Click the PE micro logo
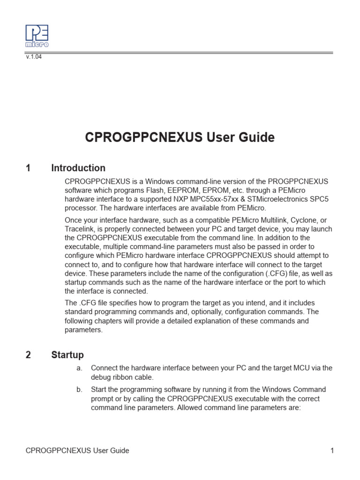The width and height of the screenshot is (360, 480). pyautogui.click(x=37, y=36)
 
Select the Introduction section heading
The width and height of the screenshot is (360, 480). pyautogui.click(x=78, y=168)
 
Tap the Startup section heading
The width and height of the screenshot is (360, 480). pyautogui.click(x=67, y=355)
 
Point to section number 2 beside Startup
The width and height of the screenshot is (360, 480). pyautogui.click(x=29, y=355)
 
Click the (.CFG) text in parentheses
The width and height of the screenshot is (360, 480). pyautogui.click(x=271, y=273)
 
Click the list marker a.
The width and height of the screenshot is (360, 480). pyautogui.click(x=79, y=368)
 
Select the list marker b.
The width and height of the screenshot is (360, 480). pyautogui.click(x=79, y=390)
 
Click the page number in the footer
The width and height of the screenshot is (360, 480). pyautogui.click(x=332, y=450)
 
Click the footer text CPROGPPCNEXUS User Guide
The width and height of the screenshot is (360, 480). pyautogui.click(x=77, y=450)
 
